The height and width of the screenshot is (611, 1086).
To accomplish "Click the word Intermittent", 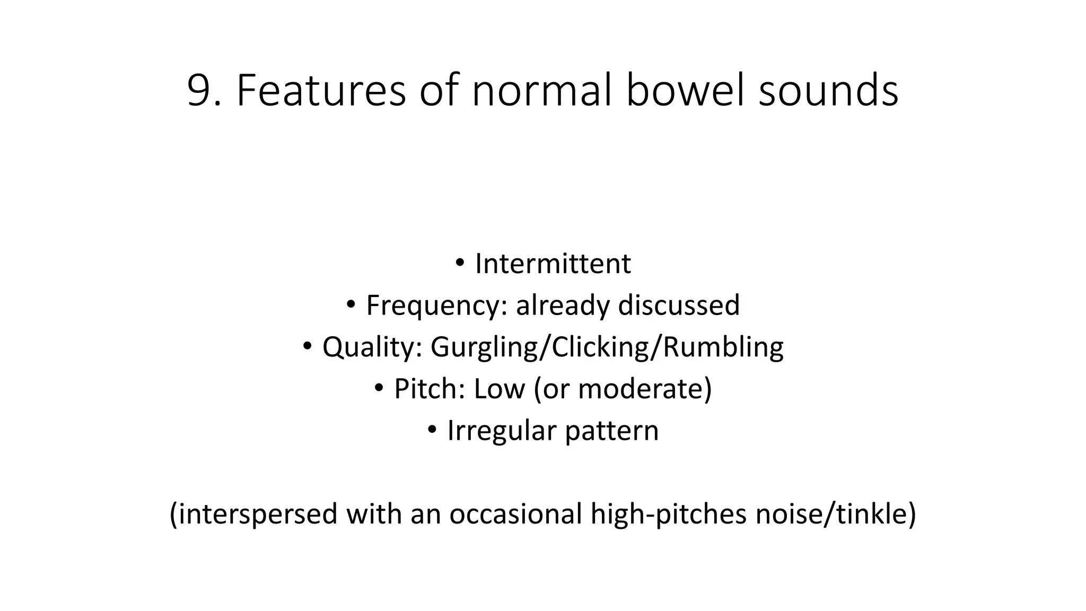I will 553,264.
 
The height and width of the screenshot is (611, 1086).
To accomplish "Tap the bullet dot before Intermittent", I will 460,262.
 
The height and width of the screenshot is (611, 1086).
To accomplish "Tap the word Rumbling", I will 723,347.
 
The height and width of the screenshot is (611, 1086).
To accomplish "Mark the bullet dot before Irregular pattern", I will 432,429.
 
